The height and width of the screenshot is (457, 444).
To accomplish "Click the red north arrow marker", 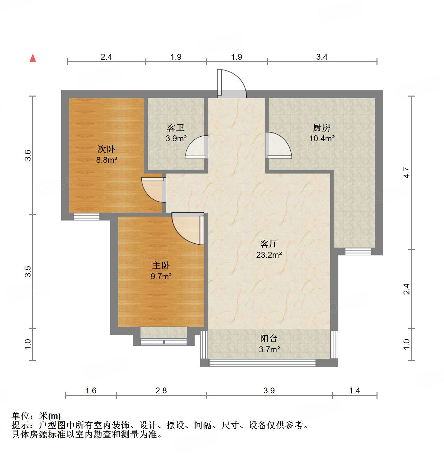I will [33, 58].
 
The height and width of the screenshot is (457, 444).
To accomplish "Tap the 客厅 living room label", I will [269, 244].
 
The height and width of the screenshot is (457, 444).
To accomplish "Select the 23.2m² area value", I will [269, 255].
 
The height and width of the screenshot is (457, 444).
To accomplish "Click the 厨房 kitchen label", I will [321, 128].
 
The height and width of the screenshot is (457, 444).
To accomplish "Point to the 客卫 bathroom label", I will [176, 128].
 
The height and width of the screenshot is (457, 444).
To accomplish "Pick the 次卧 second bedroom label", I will [106, 149].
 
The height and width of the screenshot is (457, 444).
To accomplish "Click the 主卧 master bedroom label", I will [161, 266].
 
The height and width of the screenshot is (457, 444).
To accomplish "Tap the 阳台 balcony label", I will [269, 339].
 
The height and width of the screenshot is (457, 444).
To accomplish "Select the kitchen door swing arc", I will [279, 146].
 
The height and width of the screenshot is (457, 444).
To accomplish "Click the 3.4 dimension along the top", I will [321, 57].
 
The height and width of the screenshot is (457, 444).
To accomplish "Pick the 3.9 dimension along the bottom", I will [269, 390].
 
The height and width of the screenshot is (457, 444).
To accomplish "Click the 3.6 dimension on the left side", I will [28, 155].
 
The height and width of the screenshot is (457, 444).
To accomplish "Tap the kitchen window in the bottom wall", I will [358, 251].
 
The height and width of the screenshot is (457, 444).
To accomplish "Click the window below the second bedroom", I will [86, 217].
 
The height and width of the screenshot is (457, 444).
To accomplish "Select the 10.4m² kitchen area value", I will [322, 138].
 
